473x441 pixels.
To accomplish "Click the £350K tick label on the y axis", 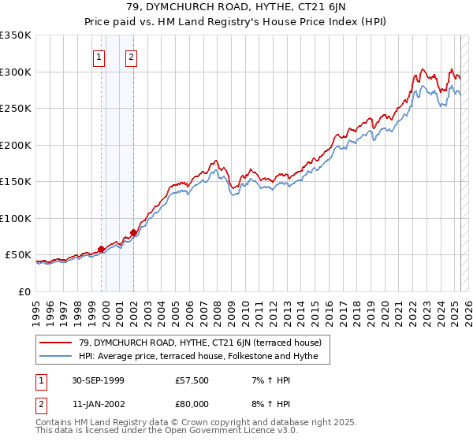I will (x=16, y=35).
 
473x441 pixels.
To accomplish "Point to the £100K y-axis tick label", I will (x=16, y=218).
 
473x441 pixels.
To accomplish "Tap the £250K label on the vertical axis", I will (x=16, y=109).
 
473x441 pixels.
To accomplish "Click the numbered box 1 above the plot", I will (x=99, y=57).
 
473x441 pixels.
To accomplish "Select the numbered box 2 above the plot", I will (x=131, y=57).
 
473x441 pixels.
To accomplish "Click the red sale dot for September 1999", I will (x=102, y=250).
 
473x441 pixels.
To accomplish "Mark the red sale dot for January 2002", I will (x=134, y=232).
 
